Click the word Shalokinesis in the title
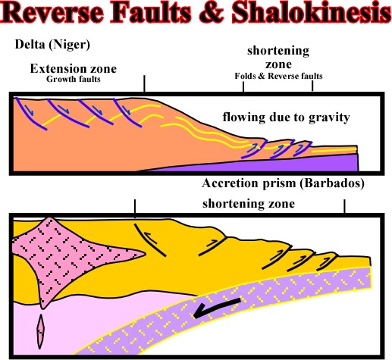tap(312, 12)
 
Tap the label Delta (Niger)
tap(52, 45)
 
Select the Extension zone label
tap(74, 68)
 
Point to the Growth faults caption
tap(74, 79)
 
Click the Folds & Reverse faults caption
tap(278, 76)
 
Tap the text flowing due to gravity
tap(286, 117)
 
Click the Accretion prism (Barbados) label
tap(283, 183)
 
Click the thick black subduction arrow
tap(216, 308)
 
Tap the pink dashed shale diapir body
tap(63, 255)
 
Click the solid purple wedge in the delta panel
tap(252, 164)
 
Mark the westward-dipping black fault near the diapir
tap(149, 239)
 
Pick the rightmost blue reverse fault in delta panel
tap(303, 149)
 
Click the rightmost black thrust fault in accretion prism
tap(327, 263)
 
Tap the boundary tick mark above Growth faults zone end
tap(144, 83)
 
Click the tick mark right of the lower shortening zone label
tap(344, 206)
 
